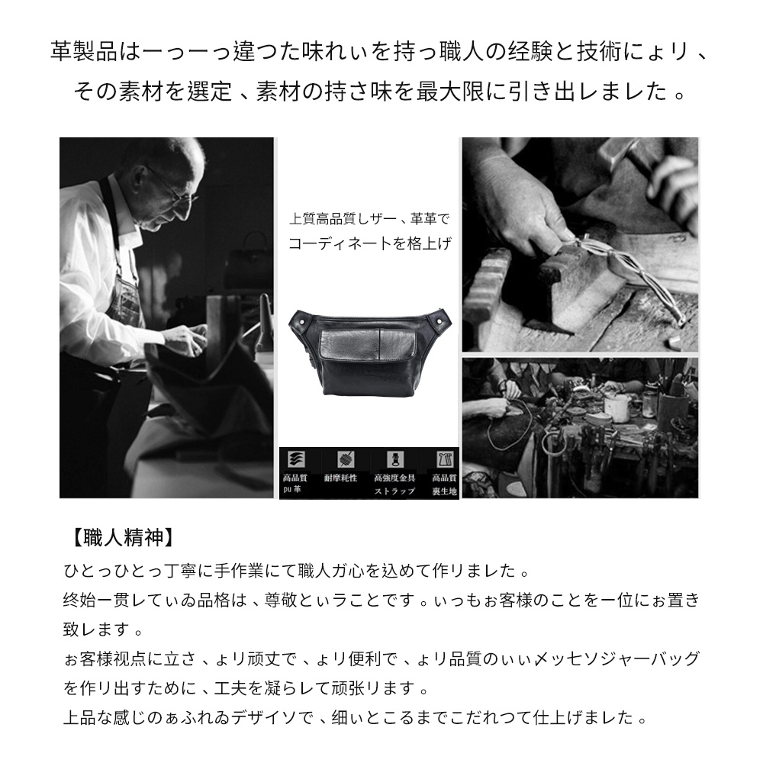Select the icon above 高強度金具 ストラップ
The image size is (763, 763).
point(394,459)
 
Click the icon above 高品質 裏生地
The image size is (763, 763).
point(443,459)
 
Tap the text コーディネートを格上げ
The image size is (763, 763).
point(370,244)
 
